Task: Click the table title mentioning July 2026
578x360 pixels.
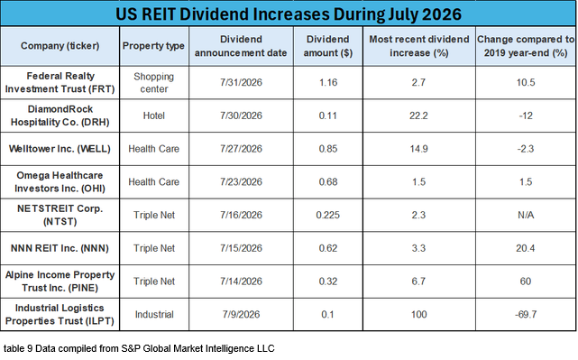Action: coord(289,14)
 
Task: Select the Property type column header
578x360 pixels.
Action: coord(153,46)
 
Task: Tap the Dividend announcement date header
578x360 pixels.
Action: coord(241,46)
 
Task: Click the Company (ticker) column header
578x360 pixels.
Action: coord(60,46)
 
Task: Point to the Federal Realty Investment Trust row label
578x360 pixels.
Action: coord(60,82)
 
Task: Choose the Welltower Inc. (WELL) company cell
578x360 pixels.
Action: coord(60,149)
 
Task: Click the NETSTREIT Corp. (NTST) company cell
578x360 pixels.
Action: coord(60,215)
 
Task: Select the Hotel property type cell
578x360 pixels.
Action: coord(153,115)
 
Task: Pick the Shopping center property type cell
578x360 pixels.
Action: coord(153,83)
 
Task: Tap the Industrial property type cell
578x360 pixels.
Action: coord(154,314)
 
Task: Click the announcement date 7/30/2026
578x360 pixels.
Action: coord(241,115)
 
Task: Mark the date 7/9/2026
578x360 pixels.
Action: coord(241,314)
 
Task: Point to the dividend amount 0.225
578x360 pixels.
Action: coord(327,215)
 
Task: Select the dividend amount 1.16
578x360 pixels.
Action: coord(328,82)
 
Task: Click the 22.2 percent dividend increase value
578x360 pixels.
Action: coord(418,115)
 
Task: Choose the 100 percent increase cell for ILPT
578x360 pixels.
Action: coord(418,314)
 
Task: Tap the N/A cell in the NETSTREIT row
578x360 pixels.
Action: coord(526,215)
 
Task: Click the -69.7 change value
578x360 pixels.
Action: coord(526,314)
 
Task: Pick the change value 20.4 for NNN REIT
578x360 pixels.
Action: coord(526,248)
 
